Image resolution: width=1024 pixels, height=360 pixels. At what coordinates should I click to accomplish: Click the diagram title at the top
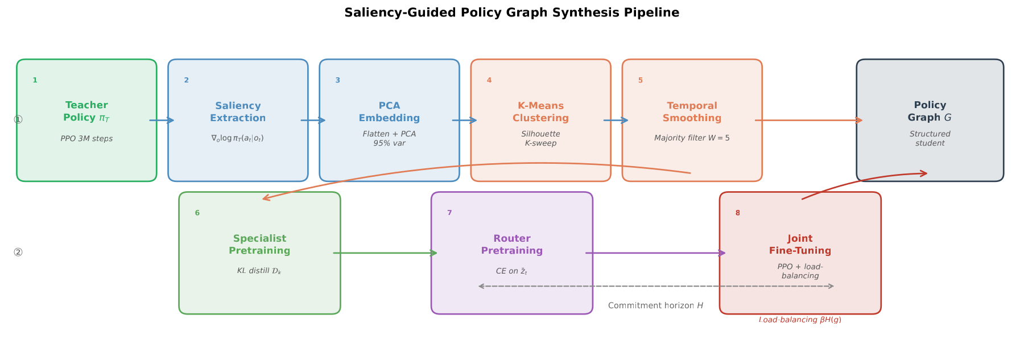click(511, 13)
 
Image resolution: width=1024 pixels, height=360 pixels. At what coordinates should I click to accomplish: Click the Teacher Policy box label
click(86, 111)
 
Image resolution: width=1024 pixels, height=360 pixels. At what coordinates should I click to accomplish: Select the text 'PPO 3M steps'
click(86, 139)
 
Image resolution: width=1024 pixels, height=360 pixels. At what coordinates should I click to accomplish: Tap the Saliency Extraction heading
click(238, 112)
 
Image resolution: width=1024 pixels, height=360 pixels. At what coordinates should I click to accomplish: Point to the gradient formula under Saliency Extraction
click(237, 138)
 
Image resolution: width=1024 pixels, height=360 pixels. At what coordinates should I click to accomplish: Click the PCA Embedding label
click(389, 112)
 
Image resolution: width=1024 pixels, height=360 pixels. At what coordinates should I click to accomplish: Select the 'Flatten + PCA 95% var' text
click(389, 139)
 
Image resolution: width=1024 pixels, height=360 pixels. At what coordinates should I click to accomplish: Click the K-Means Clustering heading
click(540, 112)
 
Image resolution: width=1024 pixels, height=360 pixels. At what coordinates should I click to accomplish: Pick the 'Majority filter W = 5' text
click(692, 138)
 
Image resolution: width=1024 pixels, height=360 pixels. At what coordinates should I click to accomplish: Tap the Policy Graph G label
click(930, 111)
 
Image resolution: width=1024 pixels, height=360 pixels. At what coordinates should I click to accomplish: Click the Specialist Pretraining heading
click(259, 245)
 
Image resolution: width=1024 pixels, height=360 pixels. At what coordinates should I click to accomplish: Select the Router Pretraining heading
click(511, 245)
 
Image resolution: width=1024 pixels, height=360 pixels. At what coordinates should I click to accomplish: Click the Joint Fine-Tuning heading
click(800, 245)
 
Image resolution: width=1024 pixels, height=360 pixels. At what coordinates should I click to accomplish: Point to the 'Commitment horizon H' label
click(655, 306)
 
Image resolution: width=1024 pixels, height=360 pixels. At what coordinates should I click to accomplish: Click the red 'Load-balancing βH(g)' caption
click(800, 320)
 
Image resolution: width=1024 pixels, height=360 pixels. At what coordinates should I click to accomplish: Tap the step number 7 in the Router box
click(449, 213)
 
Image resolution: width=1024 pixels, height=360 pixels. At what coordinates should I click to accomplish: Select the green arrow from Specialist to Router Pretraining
click(385, 253)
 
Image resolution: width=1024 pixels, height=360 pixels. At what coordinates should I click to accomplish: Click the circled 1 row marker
click(18, 120)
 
